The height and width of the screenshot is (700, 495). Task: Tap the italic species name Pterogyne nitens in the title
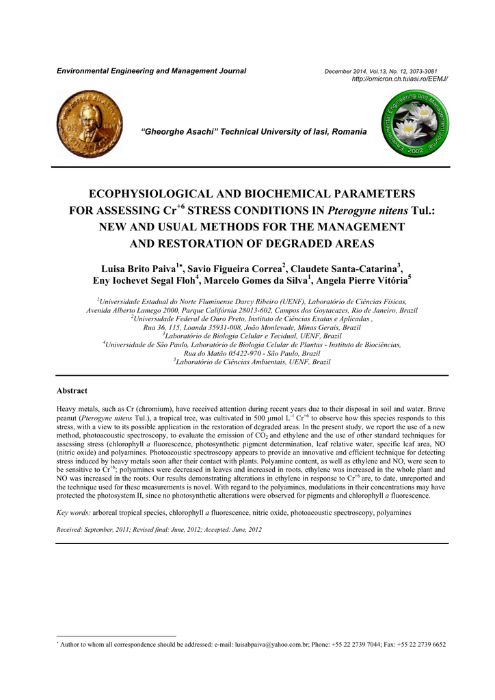pos(369,211)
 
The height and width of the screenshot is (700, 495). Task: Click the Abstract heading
pos(72,390)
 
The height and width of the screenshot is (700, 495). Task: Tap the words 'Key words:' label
pos(70,512)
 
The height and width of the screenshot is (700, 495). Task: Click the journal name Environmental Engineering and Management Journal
pos(150,72)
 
